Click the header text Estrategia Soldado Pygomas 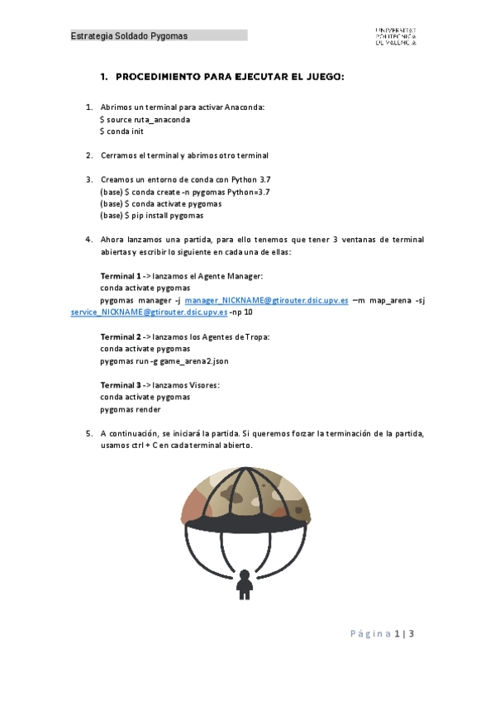(x=129, y=36)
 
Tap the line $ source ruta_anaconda (x=145, y=120)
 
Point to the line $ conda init (x=121, y=131)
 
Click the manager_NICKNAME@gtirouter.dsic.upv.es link (x=266, y=302)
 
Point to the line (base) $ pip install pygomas (x=151, y=215)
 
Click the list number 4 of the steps (x=89, y=240)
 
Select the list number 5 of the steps (x=89, y=433)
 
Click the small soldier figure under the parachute (x=245, y=584)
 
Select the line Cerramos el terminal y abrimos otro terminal (x=184, y=155)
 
